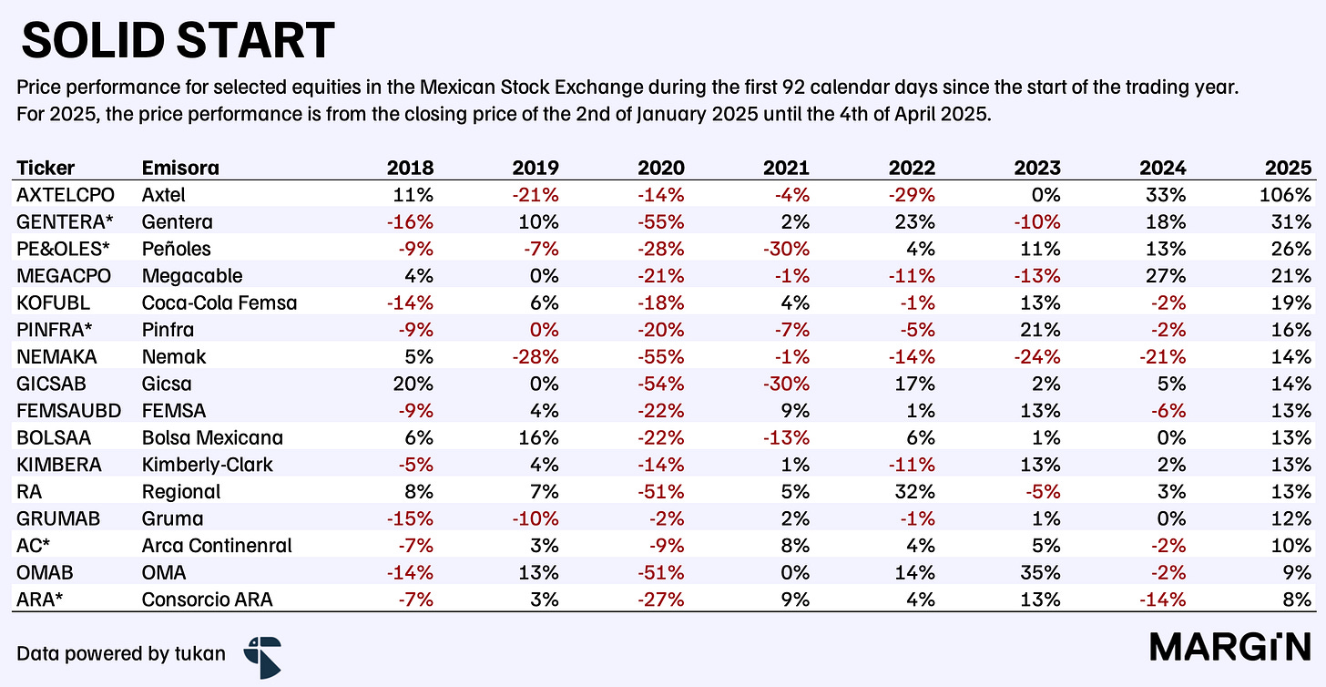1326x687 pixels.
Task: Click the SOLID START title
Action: point(178,40)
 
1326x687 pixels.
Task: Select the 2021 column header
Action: point(786,168)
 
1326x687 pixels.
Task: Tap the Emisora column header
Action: point(180,168)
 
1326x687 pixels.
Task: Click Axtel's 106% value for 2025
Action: point(1285,195)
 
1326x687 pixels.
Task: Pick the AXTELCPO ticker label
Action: point(66,195)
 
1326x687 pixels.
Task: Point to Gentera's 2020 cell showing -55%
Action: point(660,222)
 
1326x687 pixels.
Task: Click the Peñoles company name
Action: point(177,249)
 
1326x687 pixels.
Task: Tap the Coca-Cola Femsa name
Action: point(219,302)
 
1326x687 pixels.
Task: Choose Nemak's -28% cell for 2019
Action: point(535,356)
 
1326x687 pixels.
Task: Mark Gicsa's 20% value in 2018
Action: point(413,384)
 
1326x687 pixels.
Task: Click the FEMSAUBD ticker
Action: point(68,410)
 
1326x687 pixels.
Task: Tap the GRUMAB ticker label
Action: point(58,518)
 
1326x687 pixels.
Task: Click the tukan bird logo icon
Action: point(263,658)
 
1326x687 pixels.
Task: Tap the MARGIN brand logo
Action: point(1230,647)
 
